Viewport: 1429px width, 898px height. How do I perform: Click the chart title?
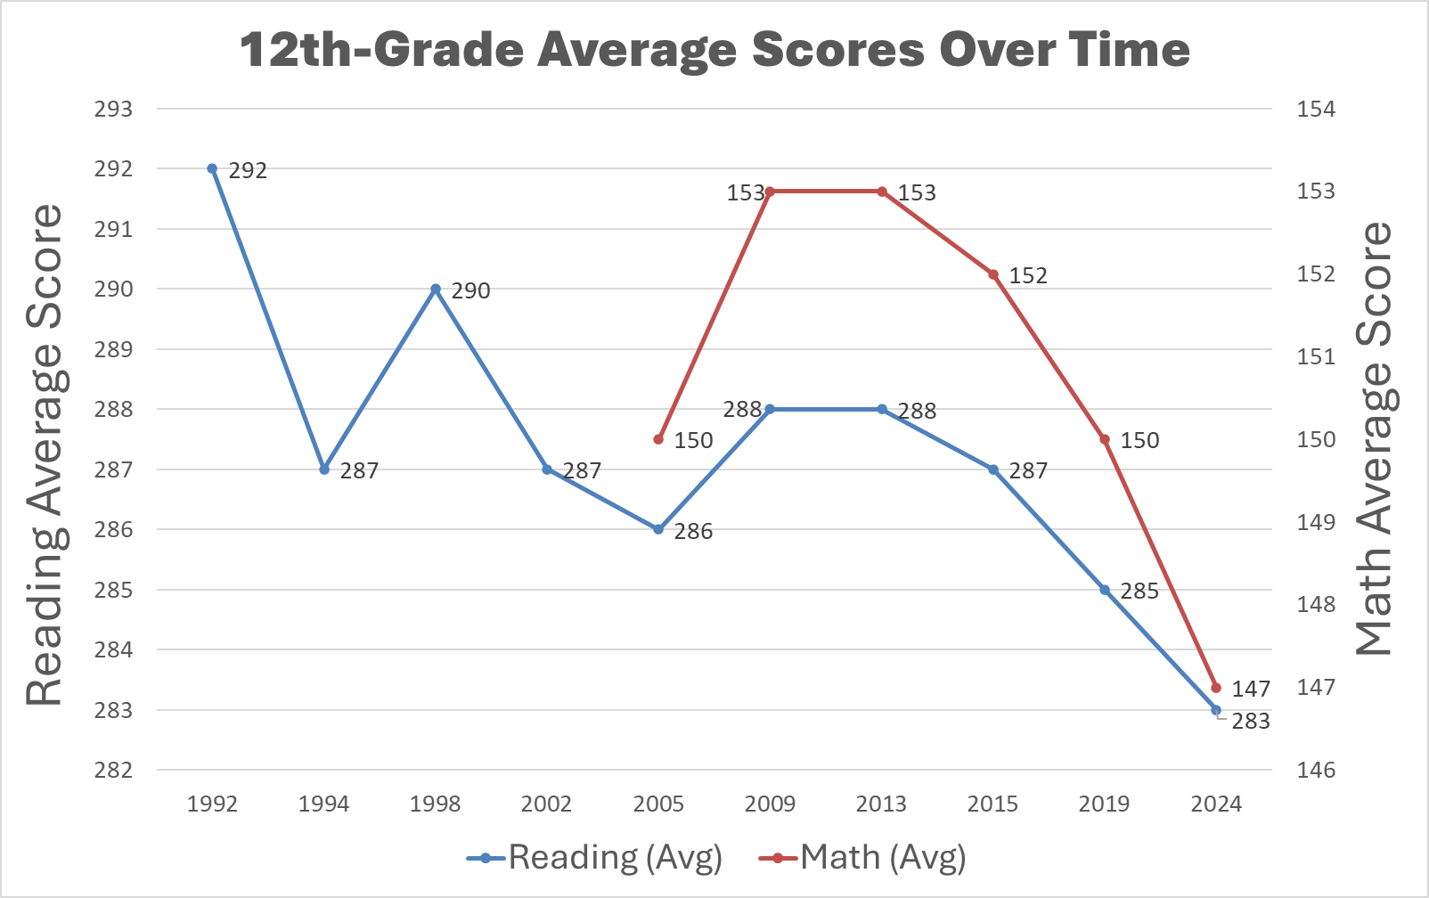714,50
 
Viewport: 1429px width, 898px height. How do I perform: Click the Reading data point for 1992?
212,168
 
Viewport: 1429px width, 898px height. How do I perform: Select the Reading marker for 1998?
436,289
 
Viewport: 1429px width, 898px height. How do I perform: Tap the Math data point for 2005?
658,439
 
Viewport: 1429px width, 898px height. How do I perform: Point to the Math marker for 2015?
993,274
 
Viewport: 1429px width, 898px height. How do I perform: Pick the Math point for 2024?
1216,688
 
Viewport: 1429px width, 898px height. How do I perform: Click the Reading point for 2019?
1105,590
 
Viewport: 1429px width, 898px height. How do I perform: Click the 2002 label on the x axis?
546,804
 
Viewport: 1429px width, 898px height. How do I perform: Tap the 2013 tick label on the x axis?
881,804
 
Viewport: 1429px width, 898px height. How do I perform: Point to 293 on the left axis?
113,109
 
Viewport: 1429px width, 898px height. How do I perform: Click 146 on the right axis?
1316,770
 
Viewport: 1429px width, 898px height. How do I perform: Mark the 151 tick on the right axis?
1316,356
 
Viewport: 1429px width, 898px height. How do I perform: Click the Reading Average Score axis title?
45,454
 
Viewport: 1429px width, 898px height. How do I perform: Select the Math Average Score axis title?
1374,438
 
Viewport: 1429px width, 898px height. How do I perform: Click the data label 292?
248,170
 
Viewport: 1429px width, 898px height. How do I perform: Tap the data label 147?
1251,689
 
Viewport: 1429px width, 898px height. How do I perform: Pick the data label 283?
1251,722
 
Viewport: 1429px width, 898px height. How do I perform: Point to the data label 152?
1028,276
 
